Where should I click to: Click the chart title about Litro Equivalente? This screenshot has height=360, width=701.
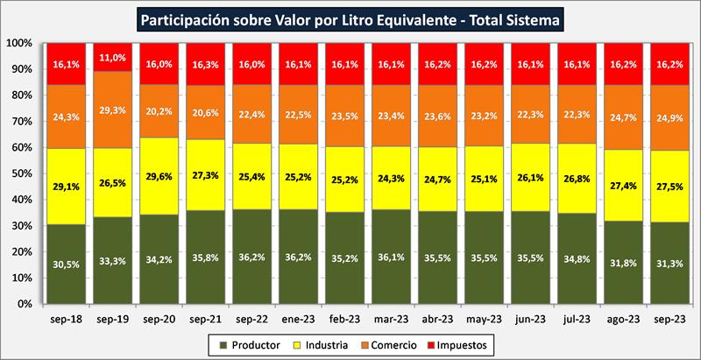pyautogui.click(x=350, y=18)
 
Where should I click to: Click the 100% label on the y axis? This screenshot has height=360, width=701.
pyautogui.click(x=18, y=43)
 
